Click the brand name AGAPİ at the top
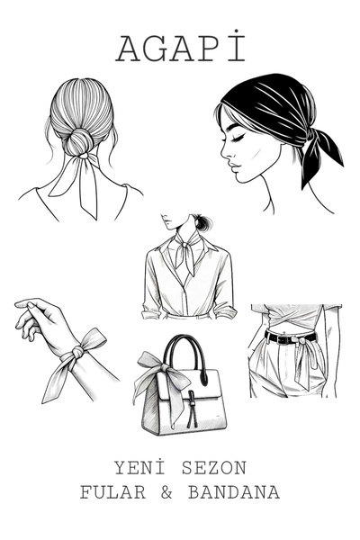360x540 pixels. tap(181, 48)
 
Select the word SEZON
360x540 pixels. tap(214, 468)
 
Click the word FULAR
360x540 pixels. tap(112, 492)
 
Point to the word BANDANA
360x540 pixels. tap(234, 492)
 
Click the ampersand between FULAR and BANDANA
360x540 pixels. tap(166, 492)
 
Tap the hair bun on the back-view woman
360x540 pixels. tap(77, 142)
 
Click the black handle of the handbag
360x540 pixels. tap(185, 357)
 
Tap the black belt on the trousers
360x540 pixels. tap(290, 337)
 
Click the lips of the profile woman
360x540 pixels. tap(233, 168)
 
